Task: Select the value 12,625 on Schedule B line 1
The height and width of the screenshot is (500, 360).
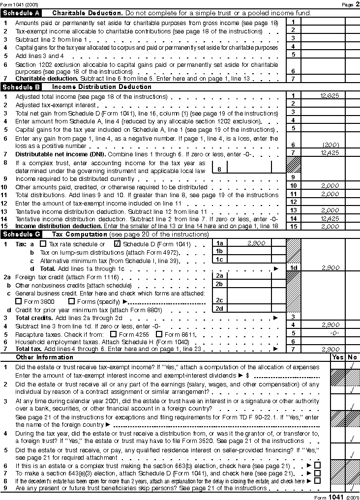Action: click(329, 96)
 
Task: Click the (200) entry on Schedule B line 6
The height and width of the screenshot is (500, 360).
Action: click(329, 145)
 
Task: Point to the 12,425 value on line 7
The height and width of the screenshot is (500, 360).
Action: click(329, 153)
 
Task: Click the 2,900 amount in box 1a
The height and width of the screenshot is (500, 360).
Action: click(256, 243)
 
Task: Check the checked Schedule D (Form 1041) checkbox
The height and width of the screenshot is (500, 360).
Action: click(117, 244)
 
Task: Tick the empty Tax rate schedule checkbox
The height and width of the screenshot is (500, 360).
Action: click(43, 244)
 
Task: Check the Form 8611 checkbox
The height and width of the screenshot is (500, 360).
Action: click(158, 334)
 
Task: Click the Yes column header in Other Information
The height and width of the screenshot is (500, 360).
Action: click(338, 357)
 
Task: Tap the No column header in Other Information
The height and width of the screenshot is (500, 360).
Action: click(353, 357)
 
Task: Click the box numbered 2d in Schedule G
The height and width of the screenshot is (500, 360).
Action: click(219, 308)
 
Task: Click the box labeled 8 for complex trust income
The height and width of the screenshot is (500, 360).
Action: click(219, 169)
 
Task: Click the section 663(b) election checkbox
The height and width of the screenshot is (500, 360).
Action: click(317, 465)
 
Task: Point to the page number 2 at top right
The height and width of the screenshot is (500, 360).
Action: click(357, 4)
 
